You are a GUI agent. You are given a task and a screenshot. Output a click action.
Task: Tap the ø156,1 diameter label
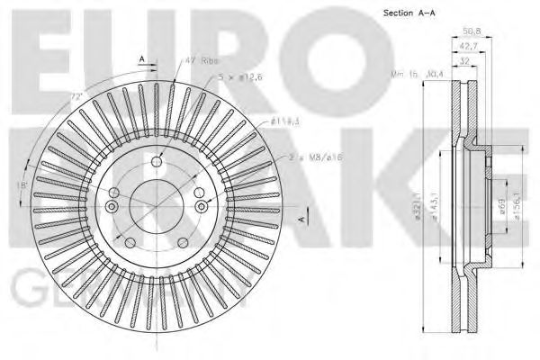tap(514, 209)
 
